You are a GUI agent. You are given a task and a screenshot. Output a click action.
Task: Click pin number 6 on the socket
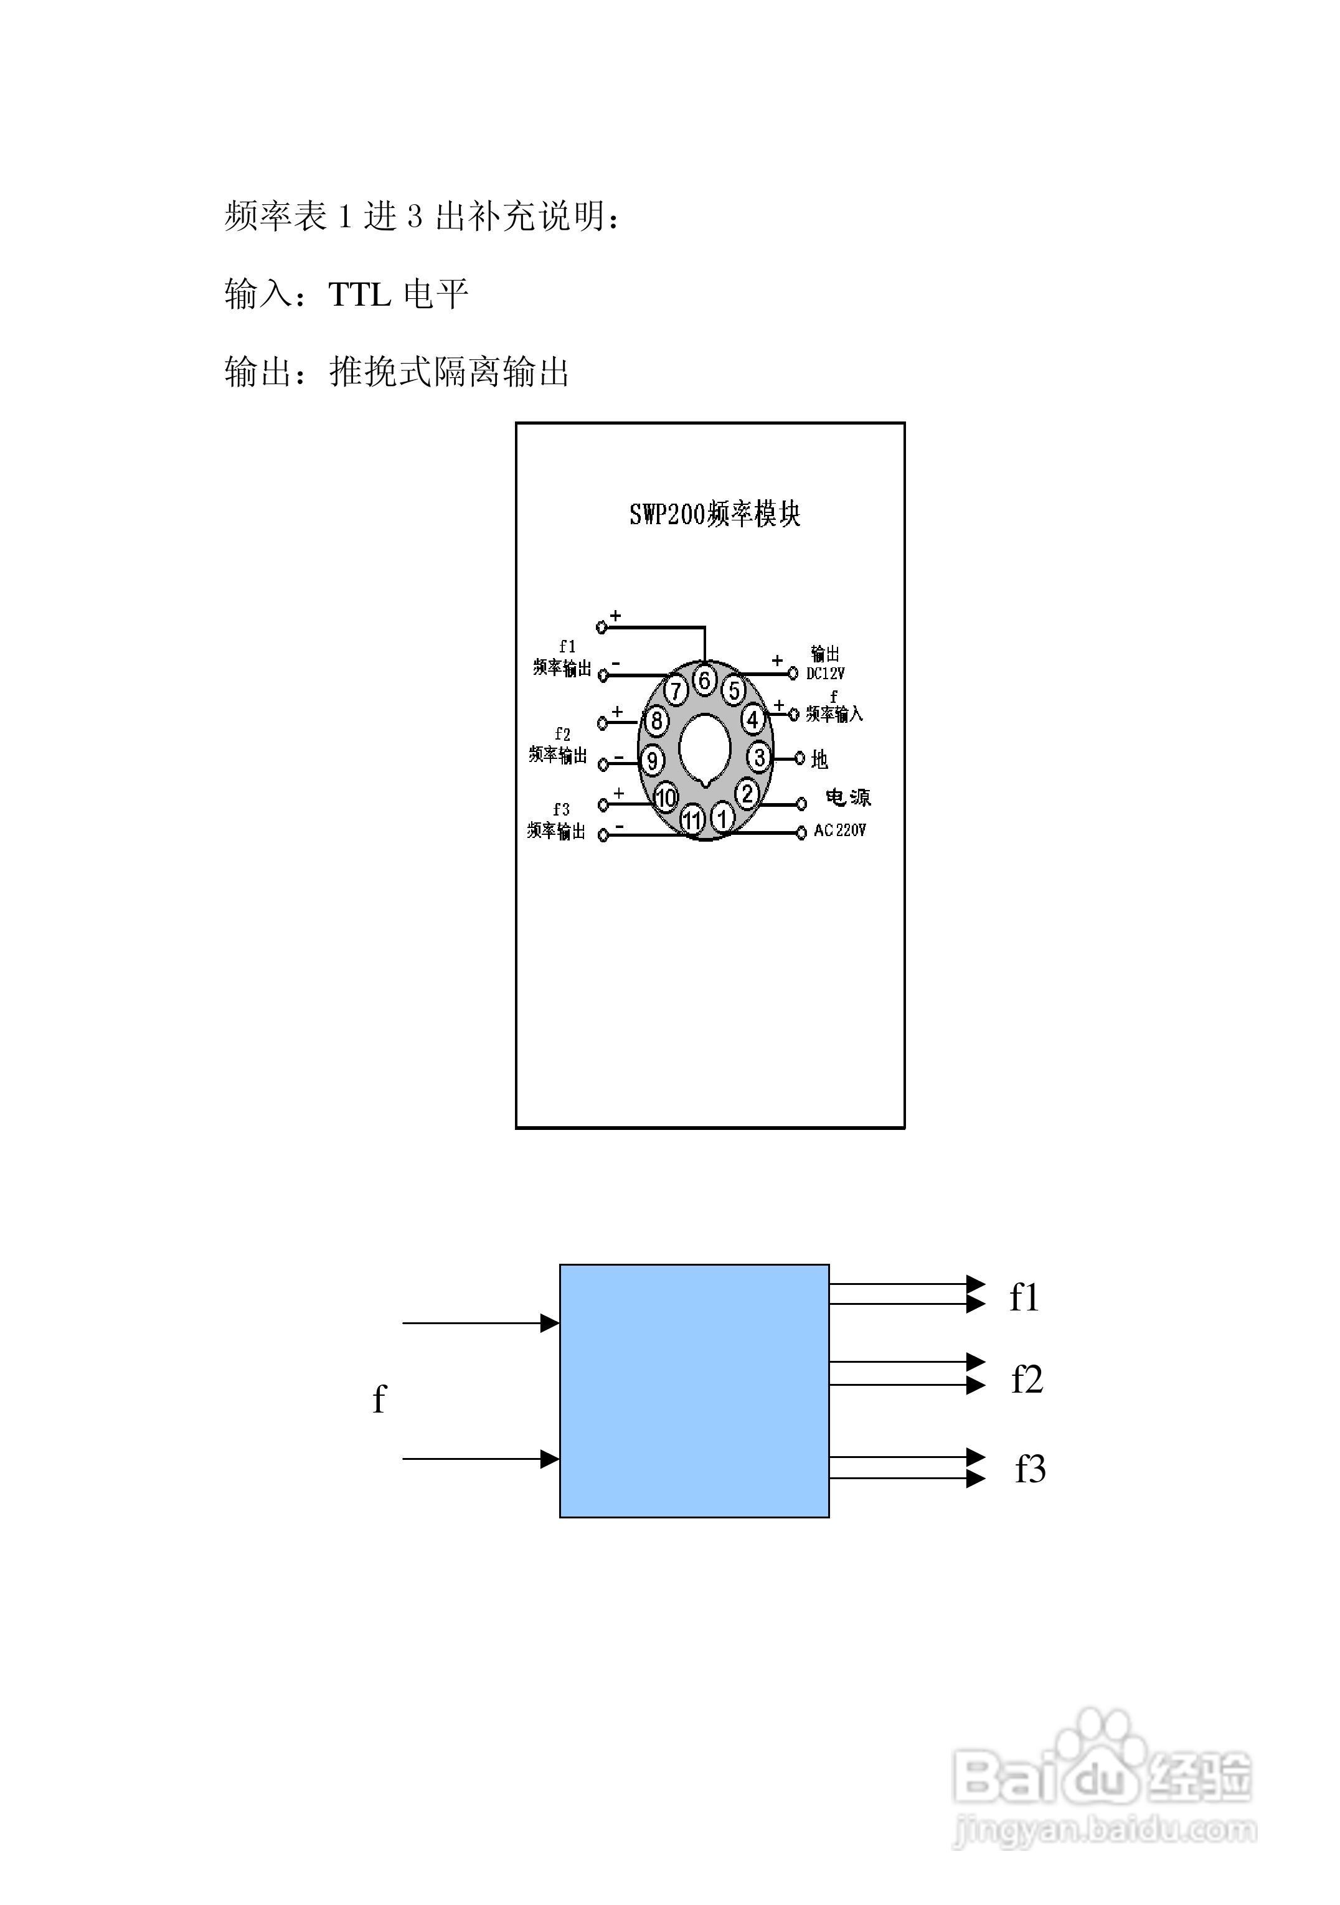[x=704, y=680]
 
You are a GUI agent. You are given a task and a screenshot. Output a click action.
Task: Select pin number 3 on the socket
[x=758, y=756]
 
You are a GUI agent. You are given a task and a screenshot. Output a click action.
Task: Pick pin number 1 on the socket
[x=722, y=818]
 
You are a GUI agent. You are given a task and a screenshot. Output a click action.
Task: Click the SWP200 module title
[x=714, y=514]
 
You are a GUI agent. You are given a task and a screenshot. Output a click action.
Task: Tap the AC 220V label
[x=839, y=830]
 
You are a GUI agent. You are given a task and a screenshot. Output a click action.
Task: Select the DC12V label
[x=826, y=674]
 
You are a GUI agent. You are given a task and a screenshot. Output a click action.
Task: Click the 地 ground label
[x=820, y=758]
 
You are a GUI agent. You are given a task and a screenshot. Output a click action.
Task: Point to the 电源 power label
[x=848, y=797]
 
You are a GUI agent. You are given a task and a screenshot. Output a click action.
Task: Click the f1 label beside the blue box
[x=1024, y=1297]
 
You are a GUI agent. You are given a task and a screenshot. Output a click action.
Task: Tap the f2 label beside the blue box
[x=1026, y=1380]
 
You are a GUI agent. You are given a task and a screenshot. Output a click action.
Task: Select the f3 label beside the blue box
[x=1030, y=1469]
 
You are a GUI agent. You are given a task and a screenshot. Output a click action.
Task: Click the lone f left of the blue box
[x=379, y=1399]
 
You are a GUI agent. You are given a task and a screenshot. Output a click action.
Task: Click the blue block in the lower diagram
[x=694, y=1391]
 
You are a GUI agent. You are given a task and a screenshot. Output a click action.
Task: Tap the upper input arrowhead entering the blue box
[x=549, y=1322]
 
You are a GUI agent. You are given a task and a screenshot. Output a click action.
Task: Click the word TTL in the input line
[x=359, y=294]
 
